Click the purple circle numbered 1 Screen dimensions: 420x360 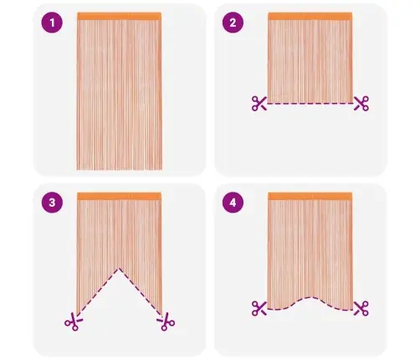click(x=52, y=23)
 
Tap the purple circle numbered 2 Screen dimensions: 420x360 click(x=233, y=23)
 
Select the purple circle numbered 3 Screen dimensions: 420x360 click(x=52, y=203)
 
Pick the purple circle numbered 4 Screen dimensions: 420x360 click(x=233, y=203)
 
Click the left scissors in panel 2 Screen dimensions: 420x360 click(x=259, y=104)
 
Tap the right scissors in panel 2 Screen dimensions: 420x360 click(x=361, y=104)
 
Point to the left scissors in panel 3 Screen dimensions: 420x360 click(x=74, y=321)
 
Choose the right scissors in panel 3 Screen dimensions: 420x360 click(x=166, y=321)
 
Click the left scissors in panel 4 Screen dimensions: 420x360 click(x=259, y=308)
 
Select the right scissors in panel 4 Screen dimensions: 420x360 click(x=361, y=308)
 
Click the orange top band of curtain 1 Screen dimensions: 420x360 click(x=120, y=16)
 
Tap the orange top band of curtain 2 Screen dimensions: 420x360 click(x=310, y=16)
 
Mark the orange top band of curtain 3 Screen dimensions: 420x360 click(x=120, y=196)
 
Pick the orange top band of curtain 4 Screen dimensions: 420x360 click(x=310, y=196)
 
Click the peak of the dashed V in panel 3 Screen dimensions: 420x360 click(x=119, y=268)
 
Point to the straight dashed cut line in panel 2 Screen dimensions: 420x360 click(x=310, y=104)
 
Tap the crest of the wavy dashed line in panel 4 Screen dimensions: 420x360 click(x=310, y=297)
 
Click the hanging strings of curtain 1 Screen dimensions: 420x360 click(x=120, y=95)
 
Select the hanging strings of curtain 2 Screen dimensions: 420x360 click(x=310, y=61)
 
